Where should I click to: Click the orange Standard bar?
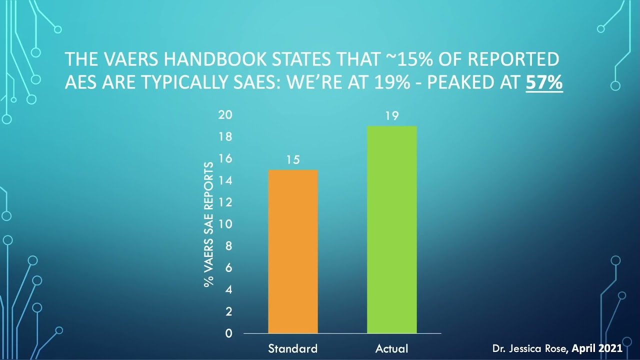[293, 251]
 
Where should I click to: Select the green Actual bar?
[392, 229]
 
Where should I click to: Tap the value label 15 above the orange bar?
[293, 159]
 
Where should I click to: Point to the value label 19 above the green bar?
[392, 115]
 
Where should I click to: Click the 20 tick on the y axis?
[225, 114]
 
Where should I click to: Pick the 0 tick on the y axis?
[228, 333]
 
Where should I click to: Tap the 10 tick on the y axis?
[225, 224]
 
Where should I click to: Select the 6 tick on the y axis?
[228, 267]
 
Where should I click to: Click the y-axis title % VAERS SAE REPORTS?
[209, 224]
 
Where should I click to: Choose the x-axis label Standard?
[293, 348]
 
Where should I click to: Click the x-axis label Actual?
[391, 348]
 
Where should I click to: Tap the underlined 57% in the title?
[544, 82]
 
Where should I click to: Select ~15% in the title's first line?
[409, 59]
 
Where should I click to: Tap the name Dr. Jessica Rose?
[530, 348]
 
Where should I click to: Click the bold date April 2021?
[597, 348]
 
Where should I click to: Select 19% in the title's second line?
[392, 82]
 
